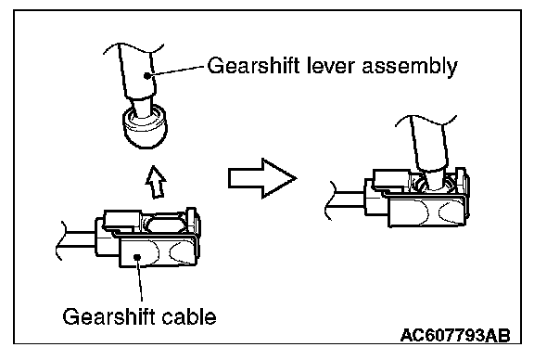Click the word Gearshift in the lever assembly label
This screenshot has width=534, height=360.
[x=254, y=66]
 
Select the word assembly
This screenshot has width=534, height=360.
[x=410, y=67]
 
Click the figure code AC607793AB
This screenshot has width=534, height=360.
[x=455, y=336]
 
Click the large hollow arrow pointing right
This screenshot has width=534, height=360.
[x=262, y=178]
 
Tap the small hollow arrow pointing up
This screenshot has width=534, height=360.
[x=156, y=182]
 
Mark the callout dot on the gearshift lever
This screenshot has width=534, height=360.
[x=146, y=76]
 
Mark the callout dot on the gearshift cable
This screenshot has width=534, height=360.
[x=137, y=257]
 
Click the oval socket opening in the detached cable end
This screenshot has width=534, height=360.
[x=165, y=225]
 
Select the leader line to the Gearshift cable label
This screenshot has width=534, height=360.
[x=140, y=279]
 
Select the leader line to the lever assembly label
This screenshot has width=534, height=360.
[x=176, y=71]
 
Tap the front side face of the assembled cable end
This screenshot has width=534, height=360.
[x=426, y=212]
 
